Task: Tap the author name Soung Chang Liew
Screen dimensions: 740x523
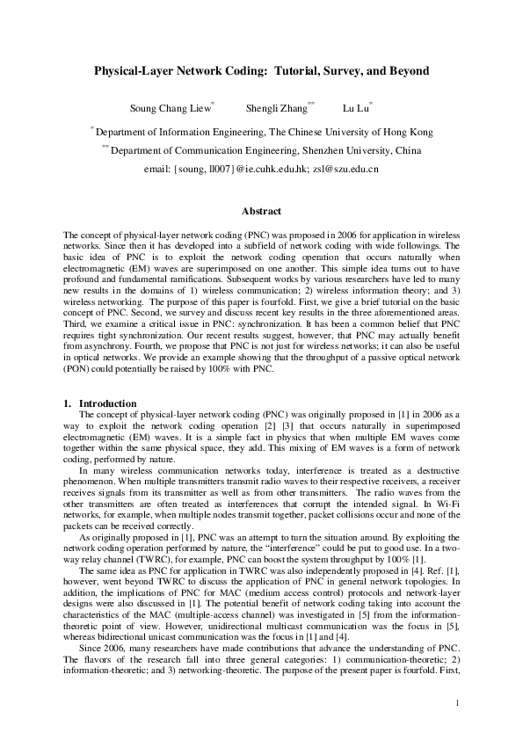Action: (171, 109)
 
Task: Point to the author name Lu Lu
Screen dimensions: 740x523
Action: (353, 109)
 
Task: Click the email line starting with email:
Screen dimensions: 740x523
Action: (261, 168)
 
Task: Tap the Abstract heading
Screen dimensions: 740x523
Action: (261, 212)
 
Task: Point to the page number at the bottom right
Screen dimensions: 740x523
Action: (458, 702)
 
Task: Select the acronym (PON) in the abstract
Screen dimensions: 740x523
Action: (79, 369)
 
